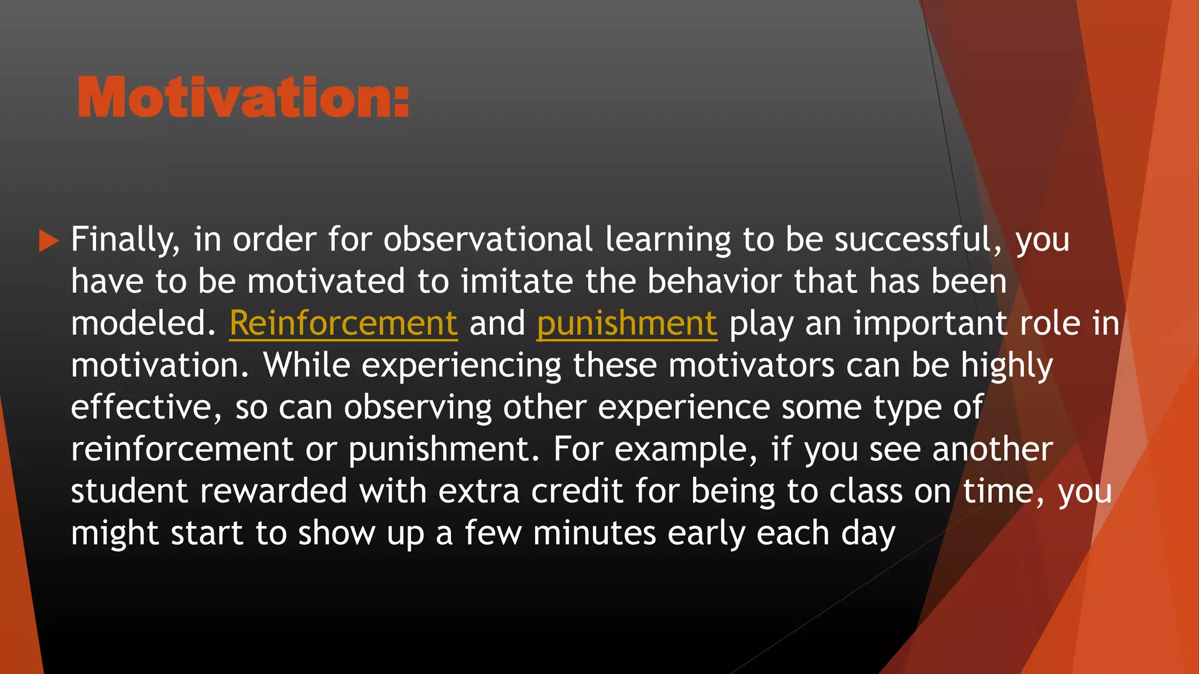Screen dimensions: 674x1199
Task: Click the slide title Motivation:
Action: pos(243,98)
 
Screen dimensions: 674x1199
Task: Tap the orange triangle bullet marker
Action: pos(49,240)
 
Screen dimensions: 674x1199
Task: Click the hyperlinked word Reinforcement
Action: pos(343,324)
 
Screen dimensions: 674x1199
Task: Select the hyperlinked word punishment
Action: pos(626,324)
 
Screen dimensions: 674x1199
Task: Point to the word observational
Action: pos(488,240)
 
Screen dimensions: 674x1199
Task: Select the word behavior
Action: pos(714,281)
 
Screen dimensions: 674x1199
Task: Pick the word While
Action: pos(306,366)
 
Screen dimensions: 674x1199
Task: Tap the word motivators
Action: pos(751,366)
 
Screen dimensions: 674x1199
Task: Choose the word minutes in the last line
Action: pos(594,534)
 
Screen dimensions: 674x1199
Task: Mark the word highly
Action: pos(1006,366)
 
